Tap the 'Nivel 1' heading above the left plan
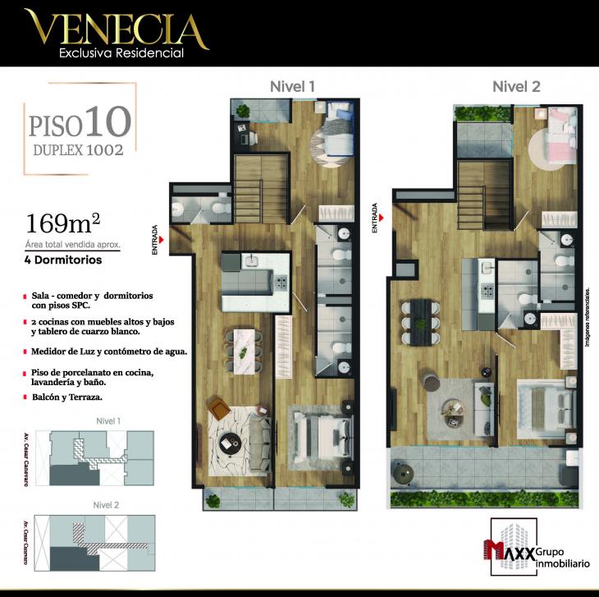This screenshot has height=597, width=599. (x=293, y=86)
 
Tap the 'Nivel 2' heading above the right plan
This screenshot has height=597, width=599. (x=515, y=86)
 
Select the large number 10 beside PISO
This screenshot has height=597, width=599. (x=107, y=121)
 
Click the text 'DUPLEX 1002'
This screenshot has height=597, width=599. (x=78, y=150)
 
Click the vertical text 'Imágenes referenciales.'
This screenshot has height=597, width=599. (x=588, y=318)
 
